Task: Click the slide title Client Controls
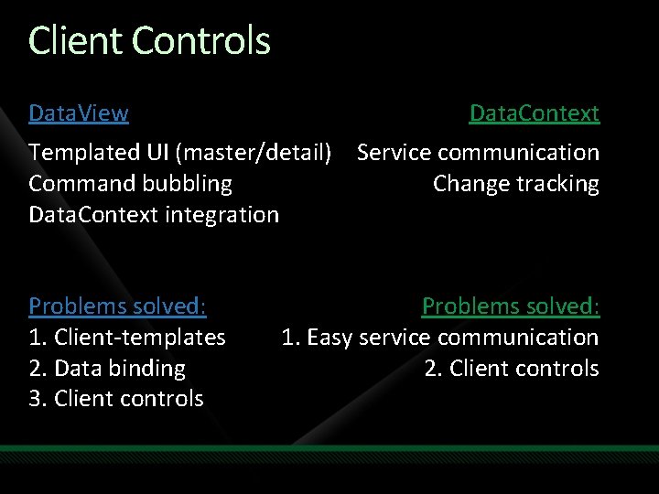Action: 149,41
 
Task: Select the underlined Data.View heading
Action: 79,113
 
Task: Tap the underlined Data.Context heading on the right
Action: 534,113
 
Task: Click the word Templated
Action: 79,153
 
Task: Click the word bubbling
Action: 188,184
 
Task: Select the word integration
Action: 226,215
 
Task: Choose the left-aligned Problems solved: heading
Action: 117,306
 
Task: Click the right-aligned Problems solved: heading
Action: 510,306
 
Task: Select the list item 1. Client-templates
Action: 126,338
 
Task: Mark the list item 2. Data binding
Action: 106,369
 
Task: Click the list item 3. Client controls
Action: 115,400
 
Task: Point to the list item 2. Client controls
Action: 511,369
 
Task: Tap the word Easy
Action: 329,338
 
